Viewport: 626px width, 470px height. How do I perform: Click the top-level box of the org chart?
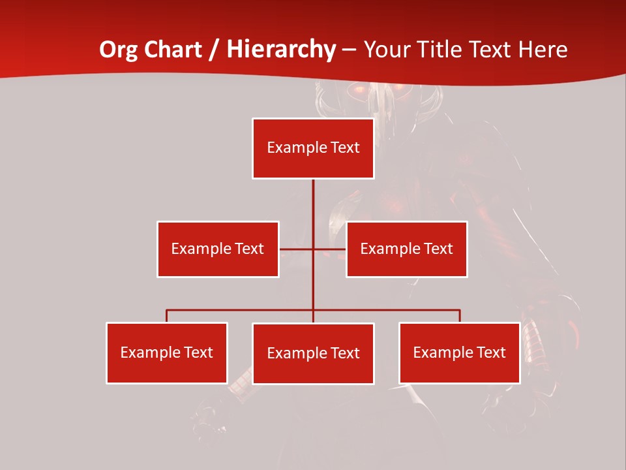313,148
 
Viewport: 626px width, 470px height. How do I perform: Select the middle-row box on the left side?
218,249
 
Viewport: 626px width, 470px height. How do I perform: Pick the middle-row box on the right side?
407,249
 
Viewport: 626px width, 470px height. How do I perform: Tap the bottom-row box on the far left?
167,352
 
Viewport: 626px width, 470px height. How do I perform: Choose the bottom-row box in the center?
313,353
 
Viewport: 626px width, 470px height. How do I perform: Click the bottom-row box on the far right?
459,352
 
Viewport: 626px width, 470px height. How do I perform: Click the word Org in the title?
117,50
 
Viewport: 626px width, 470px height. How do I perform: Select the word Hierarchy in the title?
281,50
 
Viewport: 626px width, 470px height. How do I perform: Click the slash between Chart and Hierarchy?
215,50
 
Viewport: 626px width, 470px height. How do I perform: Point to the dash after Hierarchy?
350,50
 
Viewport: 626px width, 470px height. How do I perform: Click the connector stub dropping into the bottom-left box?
167,316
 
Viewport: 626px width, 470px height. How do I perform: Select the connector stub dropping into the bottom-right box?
460,316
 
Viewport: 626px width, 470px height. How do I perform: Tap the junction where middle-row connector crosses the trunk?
313,249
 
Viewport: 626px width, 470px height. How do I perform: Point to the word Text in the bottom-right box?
491,352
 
